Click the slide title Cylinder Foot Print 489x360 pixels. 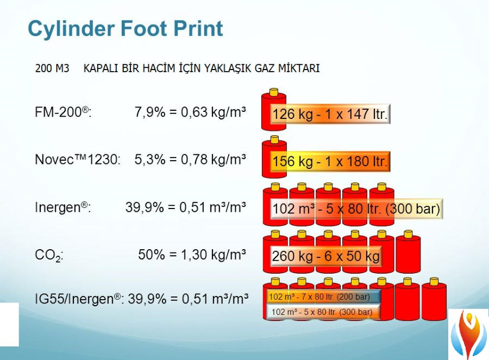click(x=126, y=29)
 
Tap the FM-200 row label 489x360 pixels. click(x=64, y=112)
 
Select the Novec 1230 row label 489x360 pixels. click(x=78, y=159)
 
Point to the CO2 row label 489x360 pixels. click(x=49, y=256)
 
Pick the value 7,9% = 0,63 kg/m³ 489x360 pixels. click(x=190, y=112)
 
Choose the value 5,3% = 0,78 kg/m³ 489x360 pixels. click(x=190, y=159)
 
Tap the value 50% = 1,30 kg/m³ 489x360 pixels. click(x=192, y=255)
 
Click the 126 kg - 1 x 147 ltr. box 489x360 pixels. click(x=330, y=114)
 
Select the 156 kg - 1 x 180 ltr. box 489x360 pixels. click(x=330, y=161)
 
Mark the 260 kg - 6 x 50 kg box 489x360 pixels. click(x=326, y=256)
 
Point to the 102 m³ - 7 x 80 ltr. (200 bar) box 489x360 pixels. click(x=324, y=296)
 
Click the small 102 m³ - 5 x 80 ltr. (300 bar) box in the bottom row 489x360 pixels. click(x=324, y=312)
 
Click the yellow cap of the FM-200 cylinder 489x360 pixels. click(x=274, y=92)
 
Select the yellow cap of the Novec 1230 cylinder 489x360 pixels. click(x=274, y=140)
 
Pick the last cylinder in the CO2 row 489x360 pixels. click(x=408, y=252)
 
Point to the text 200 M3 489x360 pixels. click(x=52, y=68)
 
